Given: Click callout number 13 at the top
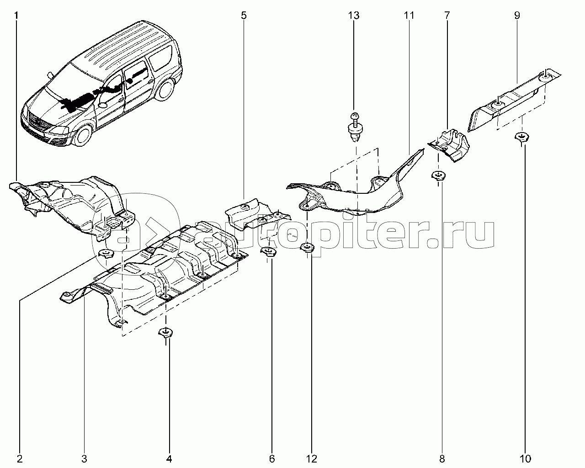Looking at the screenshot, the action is coord(354,15).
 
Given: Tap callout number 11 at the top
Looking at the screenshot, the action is coord(409,15).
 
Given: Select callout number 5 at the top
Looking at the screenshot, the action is coord(244,15).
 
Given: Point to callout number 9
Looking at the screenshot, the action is coord(517,15).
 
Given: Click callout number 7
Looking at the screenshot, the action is coord(447,15).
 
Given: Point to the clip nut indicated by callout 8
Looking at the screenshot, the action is coord(438,176).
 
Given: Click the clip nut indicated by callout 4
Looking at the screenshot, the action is coord(166,333).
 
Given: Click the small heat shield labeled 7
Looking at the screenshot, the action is coord(448,145).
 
